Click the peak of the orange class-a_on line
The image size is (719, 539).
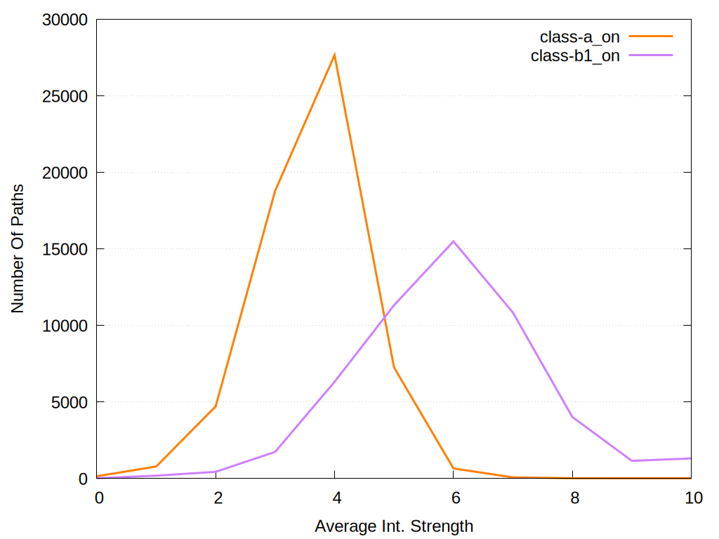(x=335, y=54)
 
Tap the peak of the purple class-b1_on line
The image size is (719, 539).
(x=454, y=241)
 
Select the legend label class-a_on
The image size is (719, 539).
(x=579, y=37)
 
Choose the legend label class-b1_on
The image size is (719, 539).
(x=575, y=56)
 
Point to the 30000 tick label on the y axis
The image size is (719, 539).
(x=63, y=20)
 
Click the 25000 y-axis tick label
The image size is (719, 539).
(x=63, y=96)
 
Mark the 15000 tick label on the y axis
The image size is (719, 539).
(x=63, y=249)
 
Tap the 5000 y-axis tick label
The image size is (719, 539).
(x=67, y=402)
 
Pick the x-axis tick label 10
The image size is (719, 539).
(x=692, y=498)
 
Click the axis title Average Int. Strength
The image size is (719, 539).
(x=394, y=526)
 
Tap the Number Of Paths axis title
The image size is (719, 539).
(x=18, y=248)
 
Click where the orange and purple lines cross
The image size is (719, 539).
(x=385, y=317)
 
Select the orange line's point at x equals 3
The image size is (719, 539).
(x=275, y=190)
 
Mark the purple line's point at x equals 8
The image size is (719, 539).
(x=573, y=417)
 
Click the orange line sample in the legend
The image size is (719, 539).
(x=651, y=36)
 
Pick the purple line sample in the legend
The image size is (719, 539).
(x=651, y=55)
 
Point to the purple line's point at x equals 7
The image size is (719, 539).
(x=513, y=312)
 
